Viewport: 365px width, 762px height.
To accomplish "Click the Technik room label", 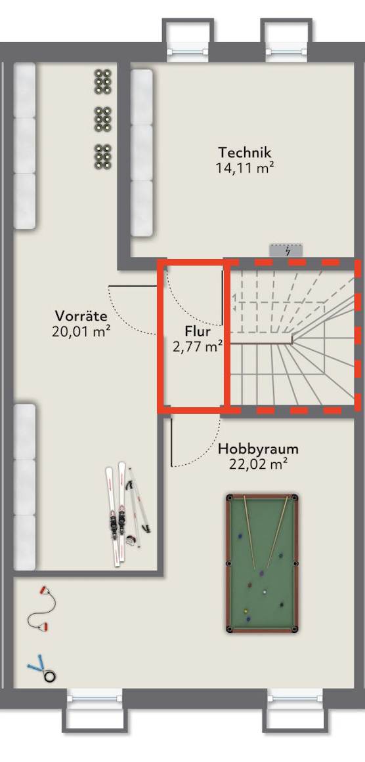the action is tap(244, 152).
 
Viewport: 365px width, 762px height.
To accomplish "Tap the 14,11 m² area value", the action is tap(244, 168).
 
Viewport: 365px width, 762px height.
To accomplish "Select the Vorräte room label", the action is tap(81, 315).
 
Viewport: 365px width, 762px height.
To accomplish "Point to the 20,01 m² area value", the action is tap(81, 331).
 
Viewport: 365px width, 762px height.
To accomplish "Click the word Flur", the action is tap(198, 331).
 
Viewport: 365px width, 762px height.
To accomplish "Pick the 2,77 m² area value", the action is tap(198, 347).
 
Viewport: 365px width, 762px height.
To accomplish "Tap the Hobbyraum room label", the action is tap(258, 448).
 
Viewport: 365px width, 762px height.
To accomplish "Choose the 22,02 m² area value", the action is tap(258, 464).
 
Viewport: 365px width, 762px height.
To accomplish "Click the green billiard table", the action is tap(262, 564).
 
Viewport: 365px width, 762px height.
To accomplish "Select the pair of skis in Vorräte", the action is tap(116, 513).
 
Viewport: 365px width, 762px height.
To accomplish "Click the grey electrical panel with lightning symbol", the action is tap(287, 251).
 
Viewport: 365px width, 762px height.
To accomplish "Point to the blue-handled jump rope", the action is tap(41, 669).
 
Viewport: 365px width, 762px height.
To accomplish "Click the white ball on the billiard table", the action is tap(265, 592).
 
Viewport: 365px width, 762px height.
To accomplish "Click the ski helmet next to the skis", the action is tap(131, 540).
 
